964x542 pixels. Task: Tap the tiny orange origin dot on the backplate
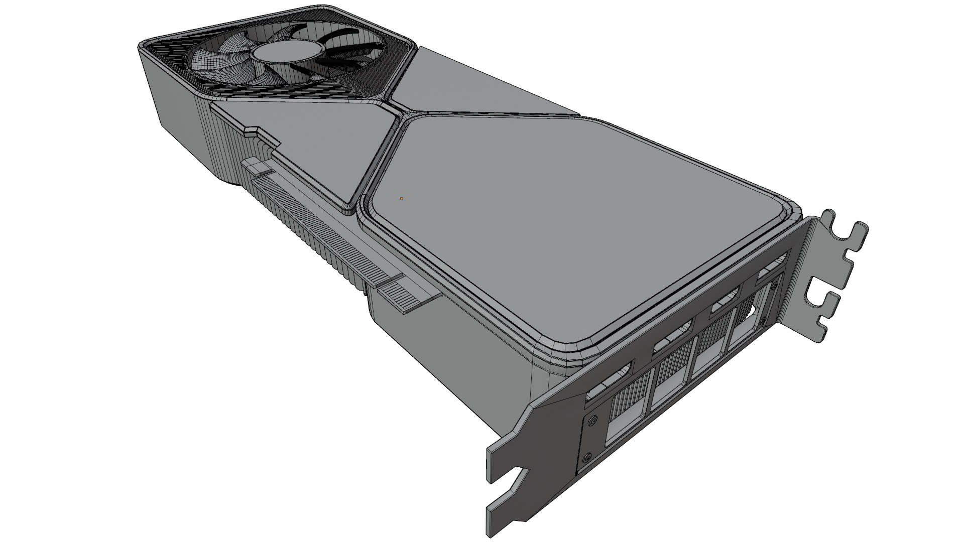401,199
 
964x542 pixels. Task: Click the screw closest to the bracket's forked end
586,457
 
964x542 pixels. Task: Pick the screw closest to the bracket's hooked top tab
776,286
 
